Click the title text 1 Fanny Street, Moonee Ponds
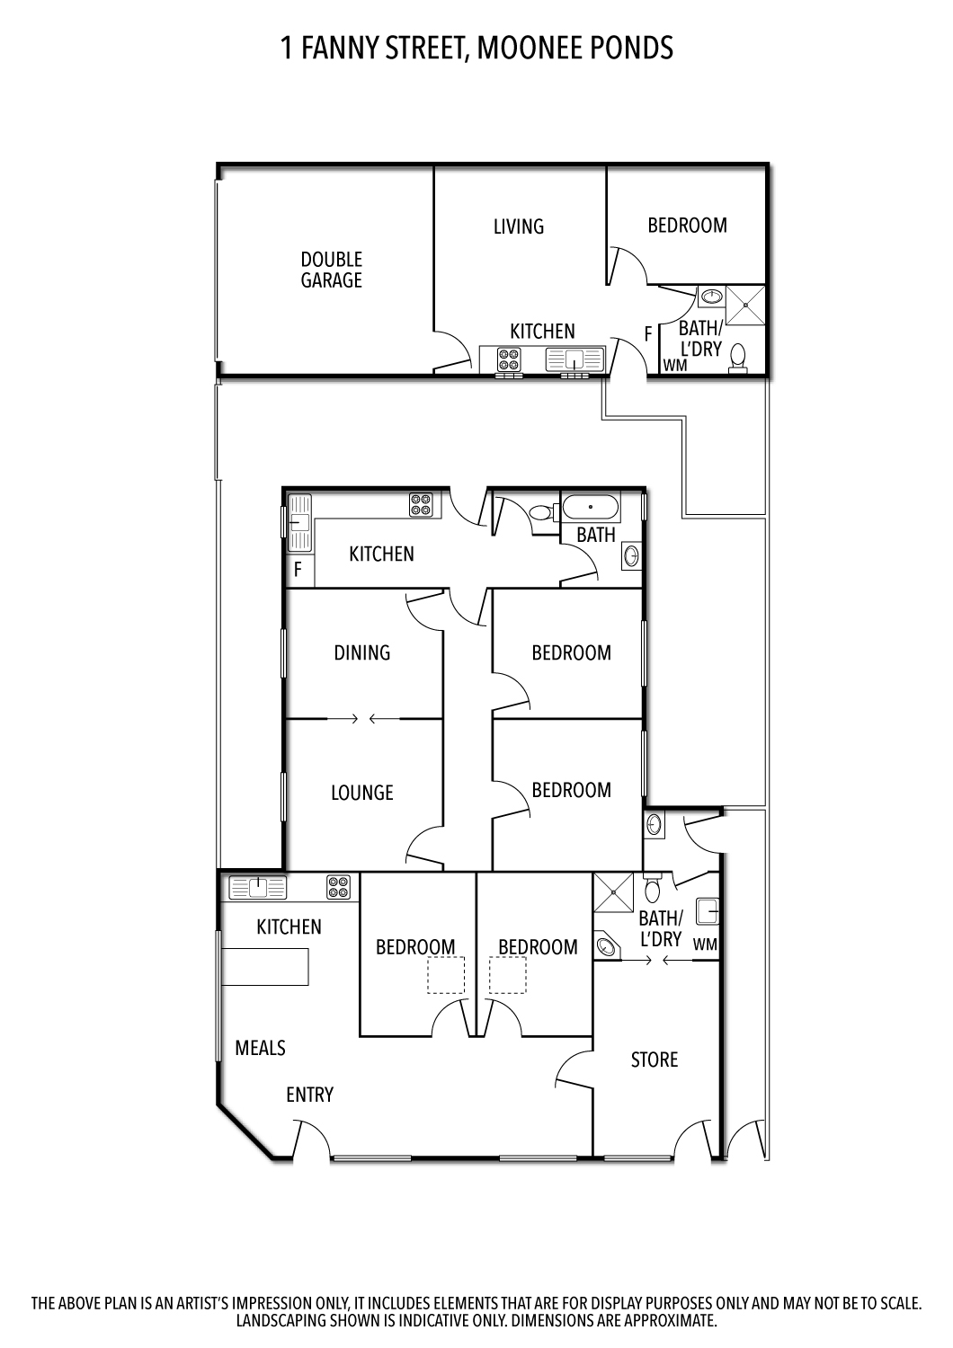click(476, 48)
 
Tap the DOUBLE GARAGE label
click(331, 270)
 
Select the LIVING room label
click(519, 226)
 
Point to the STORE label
click(654, 1060)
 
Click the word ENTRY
click(309, 1095)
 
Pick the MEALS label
click(260, 1048)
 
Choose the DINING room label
click(362, 652)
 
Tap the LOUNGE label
click(362, 793)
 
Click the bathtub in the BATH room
click(591, 509)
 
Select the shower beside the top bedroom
click(745, 305)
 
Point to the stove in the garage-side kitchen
click(509, 359)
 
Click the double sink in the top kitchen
click(574, 359)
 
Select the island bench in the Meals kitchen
click(265, 967)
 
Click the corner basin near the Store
click(607, 946)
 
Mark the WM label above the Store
click(705, 944)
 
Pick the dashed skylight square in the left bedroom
click(446, 975)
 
